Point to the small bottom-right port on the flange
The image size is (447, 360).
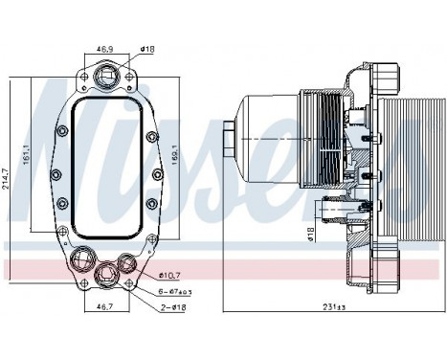tap(127, 259)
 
